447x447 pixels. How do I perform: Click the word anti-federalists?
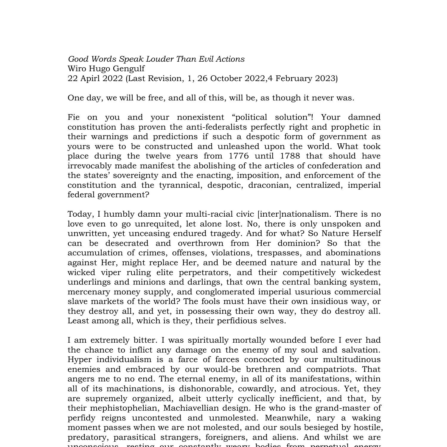(216, 127)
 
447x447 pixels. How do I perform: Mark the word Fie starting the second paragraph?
(74, 117)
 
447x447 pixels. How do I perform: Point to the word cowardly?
(257, 389)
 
